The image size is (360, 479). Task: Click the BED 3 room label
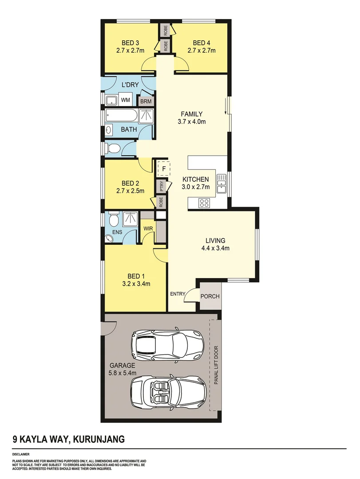[x=131, y=43]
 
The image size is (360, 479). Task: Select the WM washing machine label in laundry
[x=126, y=100]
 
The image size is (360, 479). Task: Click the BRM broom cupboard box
[x=146, y=102]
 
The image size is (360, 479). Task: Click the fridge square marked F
[x=164, y=169]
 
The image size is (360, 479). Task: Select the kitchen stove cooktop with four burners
[x=204, y=203]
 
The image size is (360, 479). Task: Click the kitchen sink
[x=222, y=184]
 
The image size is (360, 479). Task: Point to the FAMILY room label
[x=191, y=114]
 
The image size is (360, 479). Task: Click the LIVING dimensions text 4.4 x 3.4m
[x=215, y=248]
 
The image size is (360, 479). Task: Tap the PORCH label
[x=210, y=296]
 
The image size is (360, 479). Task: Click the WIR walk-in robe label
[x=148, y=228]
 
